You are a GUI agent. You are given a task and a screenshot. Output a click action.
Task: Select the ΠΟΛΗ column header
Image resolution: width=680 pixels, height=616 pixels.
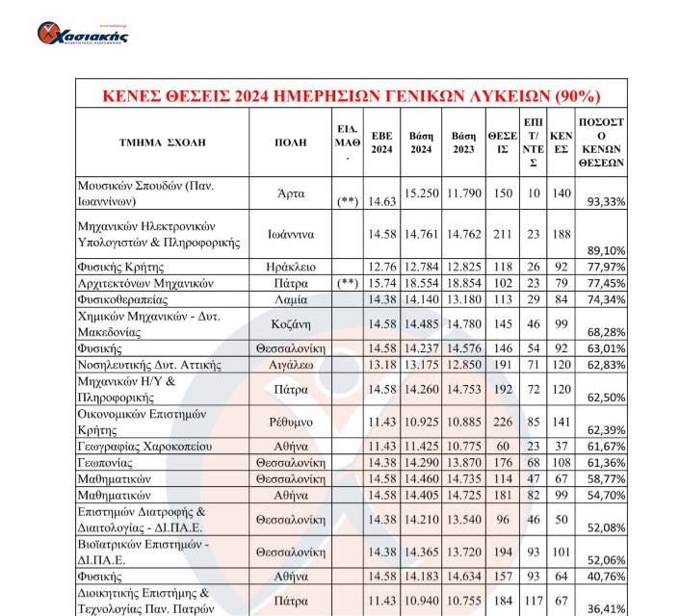290,142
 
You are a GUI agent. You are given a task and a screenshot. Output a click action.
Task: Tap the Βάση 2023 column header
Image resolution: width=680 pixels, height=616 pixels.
463,142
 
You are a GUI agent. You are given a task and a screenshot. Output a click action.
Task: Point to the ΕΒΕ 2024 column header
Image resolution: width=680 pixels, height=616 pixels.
382,142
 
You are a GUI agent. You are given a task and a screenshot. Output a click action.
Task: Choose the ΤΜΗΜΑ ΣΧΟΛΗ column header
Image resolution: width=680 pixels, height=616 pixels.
162,142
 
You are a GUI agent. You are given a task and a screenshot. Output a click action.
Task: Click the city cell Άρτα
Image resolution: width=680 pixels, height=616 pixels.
290,192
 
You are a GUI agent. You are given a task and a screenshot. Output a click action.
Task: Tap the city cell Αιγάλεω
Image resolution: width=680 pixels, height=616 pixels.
290,365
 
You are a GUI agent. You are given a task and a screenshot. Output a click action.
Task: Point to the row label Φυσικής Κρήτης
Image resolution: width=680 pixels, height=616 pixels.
122,267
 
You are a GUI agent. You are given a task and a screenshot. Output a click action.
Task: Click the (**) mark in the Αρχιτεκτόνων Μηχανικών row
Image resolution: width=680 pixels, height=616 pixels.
348,283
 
